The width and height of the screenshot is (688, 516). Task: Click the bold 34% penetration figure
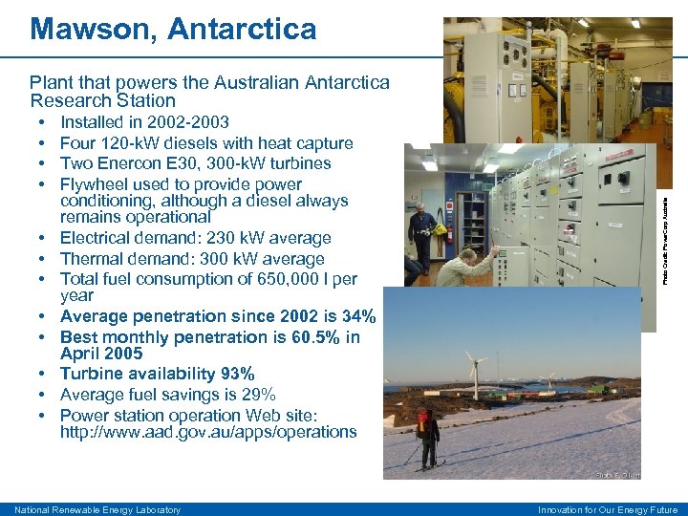pos(357,316)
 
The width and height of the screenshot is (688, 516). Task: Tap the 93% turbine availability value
pos(236,374)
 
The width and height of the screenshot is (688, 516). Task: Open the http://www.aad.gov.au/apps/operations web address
pos(208,432)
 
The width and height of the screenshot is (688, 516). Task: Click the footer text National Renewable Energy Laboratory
pos(97,509)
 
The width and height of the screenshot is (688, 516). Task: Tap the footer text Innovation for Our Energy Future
pos(609,509)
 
